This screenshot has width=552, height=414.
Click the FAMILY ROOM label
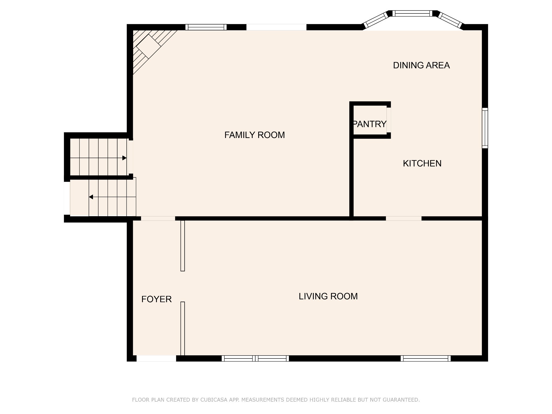pyautogui.click(x=254, y=135)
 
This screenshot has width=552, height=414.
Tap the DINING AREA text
pyautogui.click(x=421, y=65)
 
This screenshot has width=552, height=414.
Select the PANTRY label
pyautogui.click(x=370, y=124)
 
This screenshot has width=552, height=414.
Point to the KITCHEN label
pyautogui.click(x=422, y=163)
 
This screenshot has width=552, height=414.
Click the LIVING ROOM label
pyautogui.click(x=328, y=296)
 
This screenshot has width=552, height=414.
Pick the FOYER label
pyautogui.click(x=156, y=299)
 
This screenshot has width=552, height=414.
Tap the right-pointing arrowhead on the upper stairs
pyautogui.click(x=125, y=158)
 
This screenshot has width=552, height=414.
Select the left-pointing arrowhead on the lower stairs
pyautogui.click(x=91, y=197)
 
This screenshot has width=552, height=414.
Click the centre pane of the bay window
pyautogui.click(x=412, y=13)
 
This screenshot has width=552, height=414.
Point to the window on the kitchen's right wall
pyautogui.click(x=485, y=128)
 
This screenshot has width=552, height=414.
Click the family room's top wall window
pyautogui.click(x=206, y=27)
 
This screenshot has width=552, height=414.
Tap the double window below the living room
pyautogui.click(x=255, y=358)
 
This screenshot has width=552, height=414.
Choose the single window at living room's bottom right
pyautogui.click(x=426, y=358)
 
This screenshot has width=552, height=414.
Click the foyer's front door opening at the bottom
pyautogui.click(x=156, y=358)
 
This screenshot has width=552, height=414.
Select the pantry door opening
pyautogui.click(x=389, y=120)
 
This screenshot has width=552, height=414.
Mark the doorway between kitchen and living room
pyautogui.click(x=403, y=218)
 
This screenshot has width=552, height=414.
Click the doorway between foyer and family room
pyautogui.click(x=158, y=218)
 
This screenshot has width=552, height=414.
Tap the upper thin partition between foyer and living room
pyautogui.click(x=182, y=246)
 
